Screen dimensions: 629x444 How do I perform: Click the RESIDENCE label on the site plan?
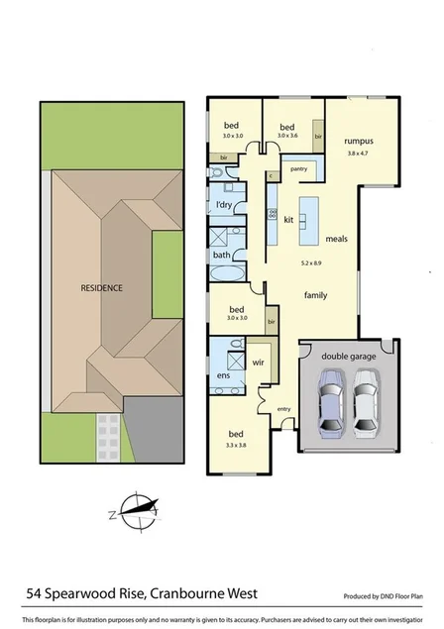click(102, 287)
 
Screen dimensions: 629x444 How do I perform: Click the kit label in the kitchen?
click(289, 219)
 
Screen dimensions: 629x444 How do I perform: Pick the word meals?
click(336, 238)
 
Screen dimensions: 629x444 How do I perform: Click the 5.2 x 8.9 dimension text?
click(314, 264)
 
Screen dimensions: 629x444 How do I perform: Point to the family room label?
click(316, 295)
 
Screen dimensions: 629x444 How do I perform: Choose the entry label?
click(284, 410)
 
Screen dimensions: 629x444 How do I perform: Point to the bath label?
click(222, 255)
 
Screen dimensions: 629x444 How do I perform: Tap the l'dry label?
click(225, 205)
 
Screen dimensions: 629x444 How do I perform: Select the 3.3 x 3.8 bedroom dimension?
click(236, 447)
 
